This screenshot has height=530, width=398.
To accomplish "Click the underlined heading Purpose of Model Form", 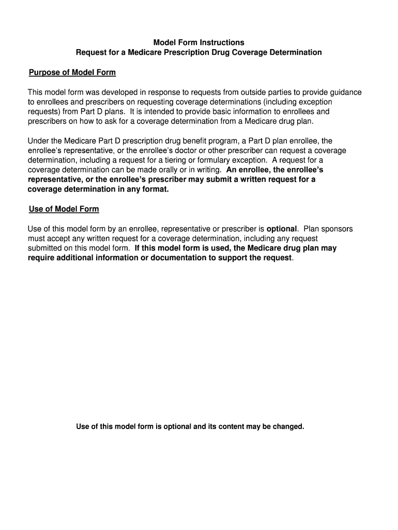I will [72, 72].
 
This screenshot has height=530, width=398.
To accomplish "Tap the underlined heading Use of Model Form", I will [64, 209].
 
